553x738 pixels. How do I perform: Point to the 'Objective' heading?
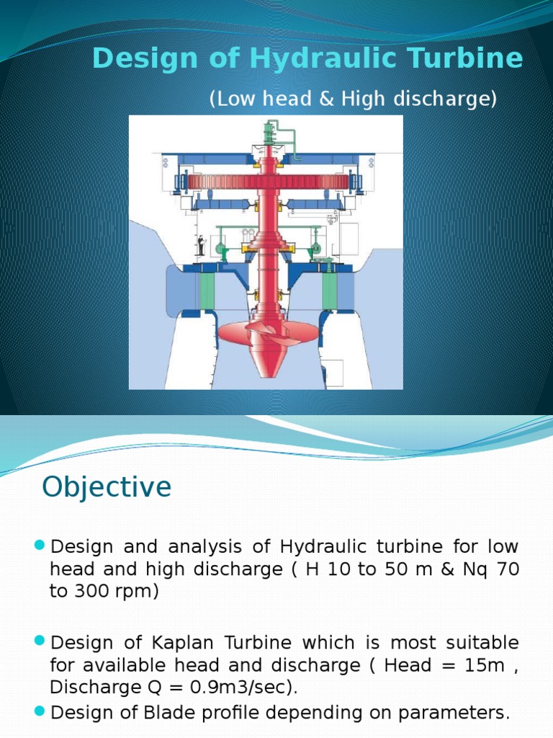(107, 487)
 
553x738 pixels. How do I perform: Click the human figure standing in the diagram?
(200, 246)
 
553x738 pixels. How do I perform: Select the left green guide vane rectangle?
(207, 291)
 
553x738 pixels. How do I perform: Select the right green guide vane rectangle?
(329, 291)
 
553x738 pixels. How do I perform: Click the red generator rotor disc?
(267, 182)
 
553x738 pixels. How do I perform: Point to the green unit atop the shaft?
(270, 133)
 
